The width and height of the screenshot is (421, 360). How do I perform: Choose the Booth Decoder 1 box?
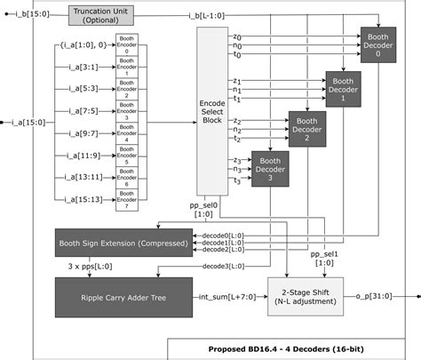343,89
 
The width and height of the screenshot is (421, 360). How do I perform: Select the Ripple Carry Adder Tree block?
122,296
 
